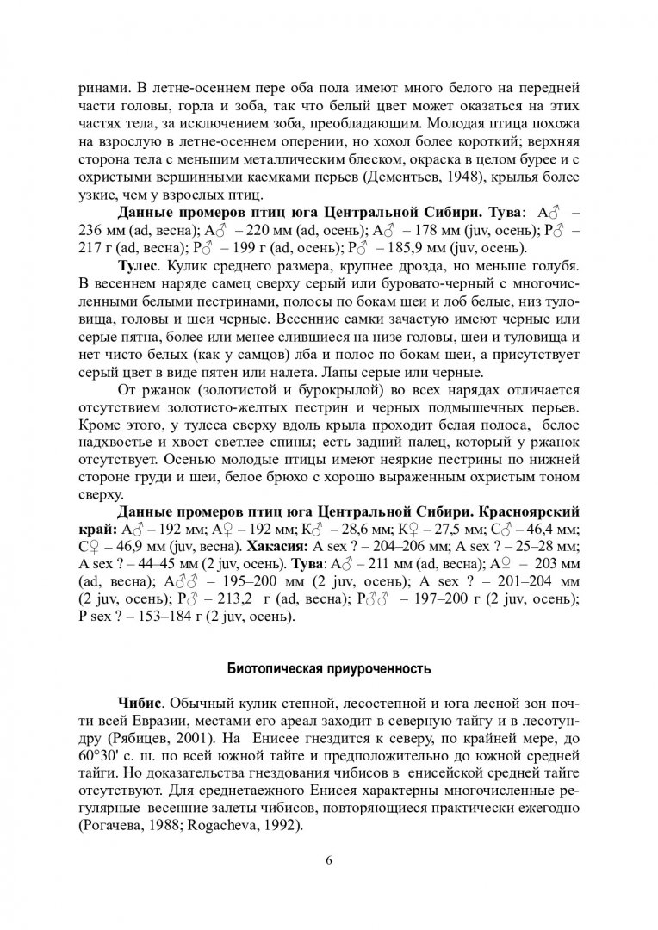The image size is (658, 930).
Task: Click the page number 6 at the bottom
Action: tap(329, 860)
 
